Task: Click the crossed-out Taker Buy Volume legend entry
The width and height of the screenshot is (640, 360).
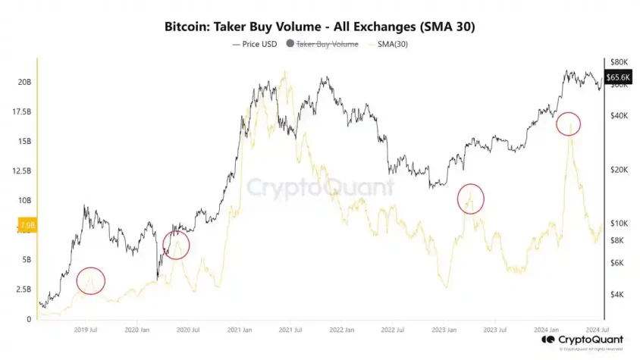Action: point(327,45)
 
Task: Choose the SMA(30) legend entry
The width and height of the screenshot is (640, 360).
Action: point(391,45)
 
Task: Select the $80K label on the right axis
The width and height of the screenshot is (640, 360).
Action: point(620,61)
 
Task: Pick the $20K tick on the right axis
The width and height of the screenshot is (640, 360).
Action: point(620,170)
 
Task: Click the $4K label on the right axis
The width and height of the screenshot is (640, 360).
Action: point(619,294)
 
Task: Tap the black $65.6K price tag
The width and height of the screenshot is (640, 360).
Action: point(621,77)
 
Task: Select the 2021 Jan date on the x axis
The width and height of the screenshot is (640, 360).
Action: point(240,330)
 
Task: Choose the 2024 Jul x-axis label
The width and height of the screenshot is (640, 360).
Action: point(595,330)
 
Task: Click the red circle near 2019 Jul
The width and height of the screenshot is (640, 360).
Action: point(90,281)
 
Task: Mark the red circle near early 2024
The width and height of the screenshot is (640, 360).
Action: point(568,124)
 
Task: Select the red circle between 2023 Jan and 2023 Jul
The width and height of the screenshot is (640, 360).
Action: point(471,199)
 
